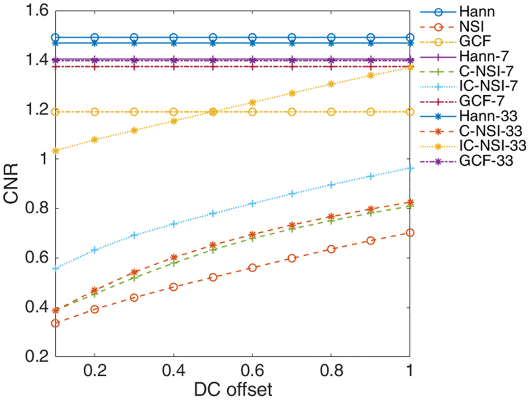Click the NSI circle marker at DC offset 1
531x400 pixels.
(x=410, y=233)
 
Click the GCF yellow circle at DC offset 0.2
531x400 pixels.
(x=94, y=112)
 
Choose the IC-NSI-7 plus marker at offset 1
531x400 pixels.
(x=410, y=168)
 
